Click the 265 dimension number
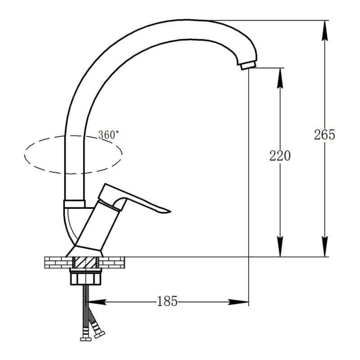324,135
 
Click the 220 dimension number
280,156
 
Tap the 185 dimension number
167,301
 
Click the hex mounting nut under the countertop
85,277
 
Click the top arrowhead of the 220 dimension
280,78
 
